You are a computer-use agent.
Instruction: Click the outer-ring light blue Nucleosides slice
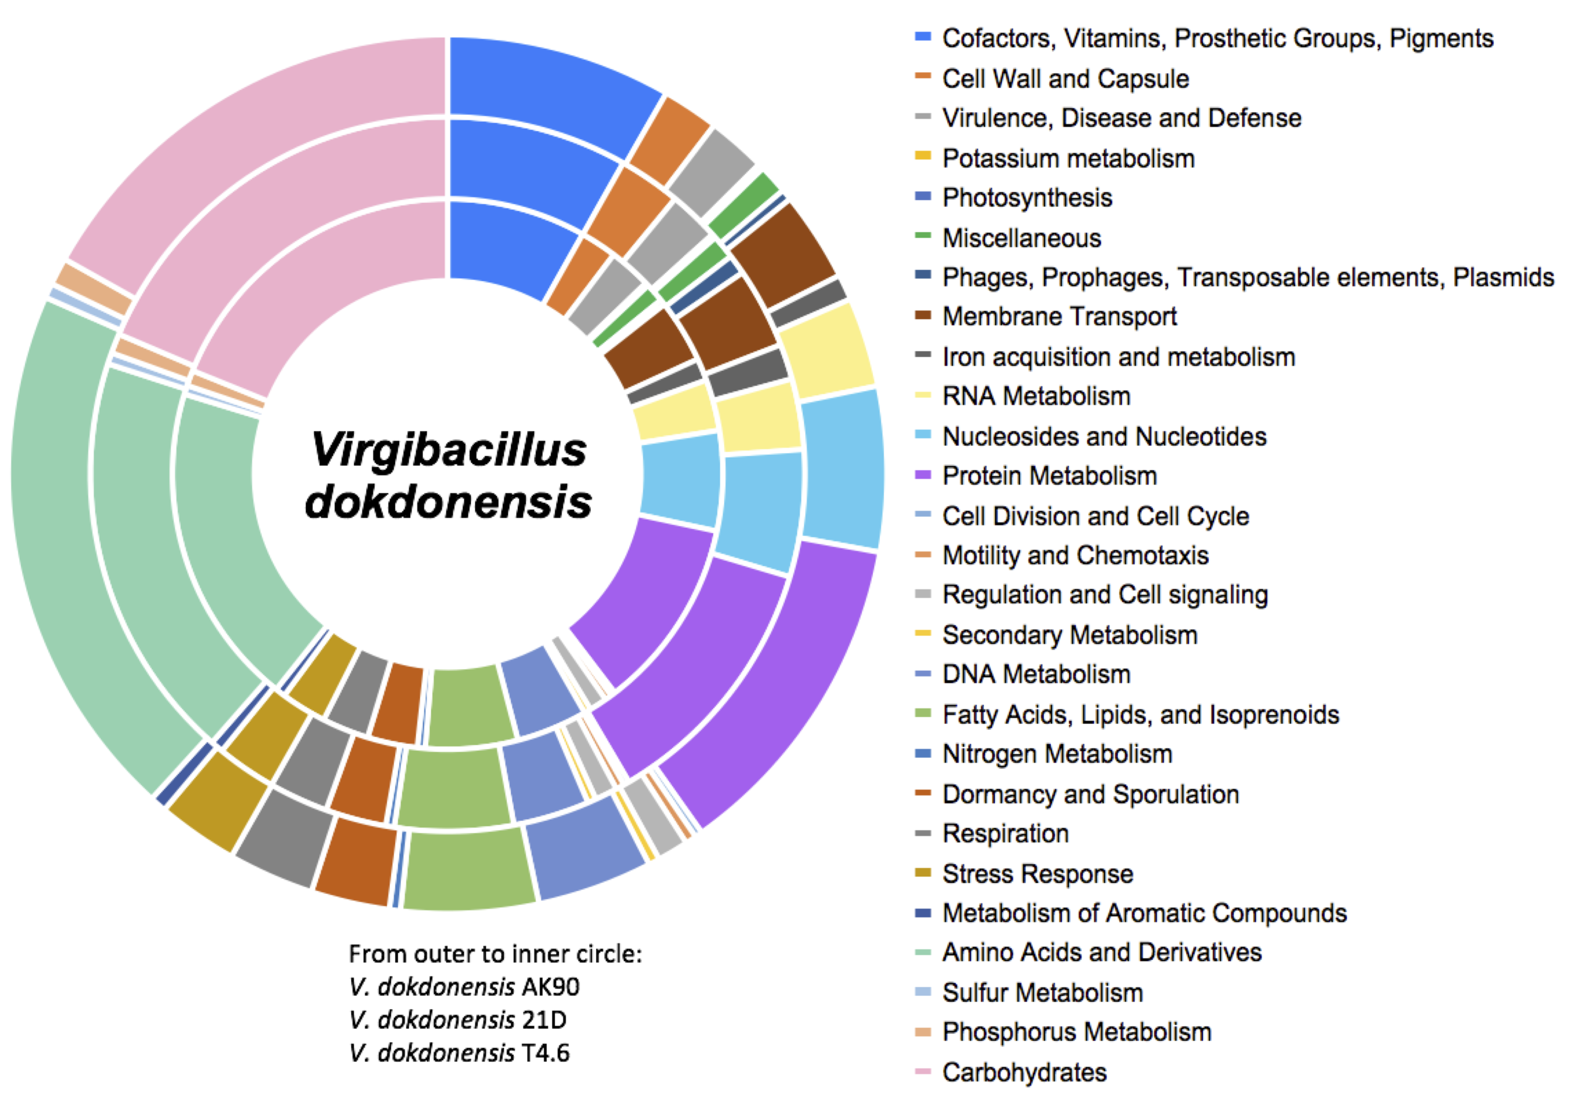[x=842, y=468]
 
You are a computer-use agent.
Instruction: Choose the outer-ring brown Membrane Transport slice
[x=785, y=255]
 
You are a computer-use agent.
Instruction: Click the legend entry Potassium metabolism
[x=1068, y=158]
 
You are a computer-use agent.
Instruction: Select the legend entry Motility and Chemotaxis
[x=1074, y=555]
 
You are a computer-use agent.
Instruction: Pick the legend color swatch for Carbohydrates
[x=922, y=1072]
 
